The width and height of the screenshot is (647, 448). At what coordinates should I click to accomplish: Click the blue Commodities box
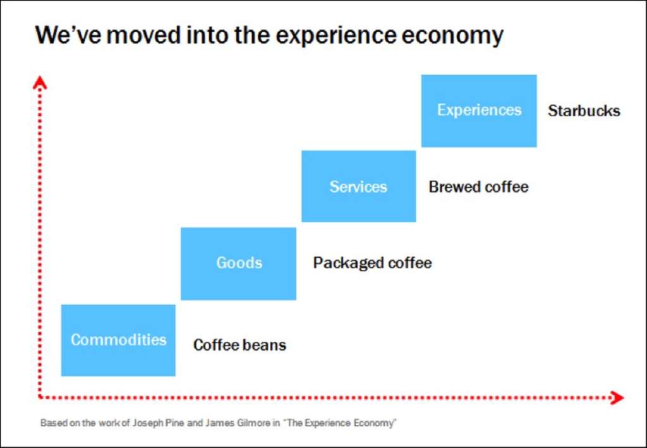pos(118,340)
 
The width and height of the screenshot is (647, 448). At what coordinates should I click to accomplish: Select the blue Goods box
pos(238,263)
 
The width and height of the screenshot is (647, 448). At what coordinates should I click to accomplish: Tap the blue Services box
pos(358,186)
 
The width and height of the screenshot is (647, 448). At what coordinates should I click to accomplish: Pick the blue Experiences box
pos(479,111)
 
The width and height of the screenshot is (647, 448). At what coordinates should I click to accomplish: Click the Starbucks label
pos(584,111)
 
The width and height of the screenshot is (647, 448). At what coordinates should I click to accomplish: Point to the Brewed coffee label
pos(478,187)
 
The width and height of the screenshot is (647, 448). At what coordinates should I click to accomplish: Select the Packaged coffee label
pos(372,263)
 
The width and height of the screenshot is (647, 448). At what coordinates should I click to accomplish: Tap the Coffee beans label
pos(239,345)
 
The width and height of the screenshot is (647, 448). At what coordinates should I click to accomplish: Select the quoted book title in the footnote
pos(341,423)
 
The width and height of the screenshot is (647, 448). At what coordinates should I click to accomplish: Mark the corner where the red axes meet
pos(40,397)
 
